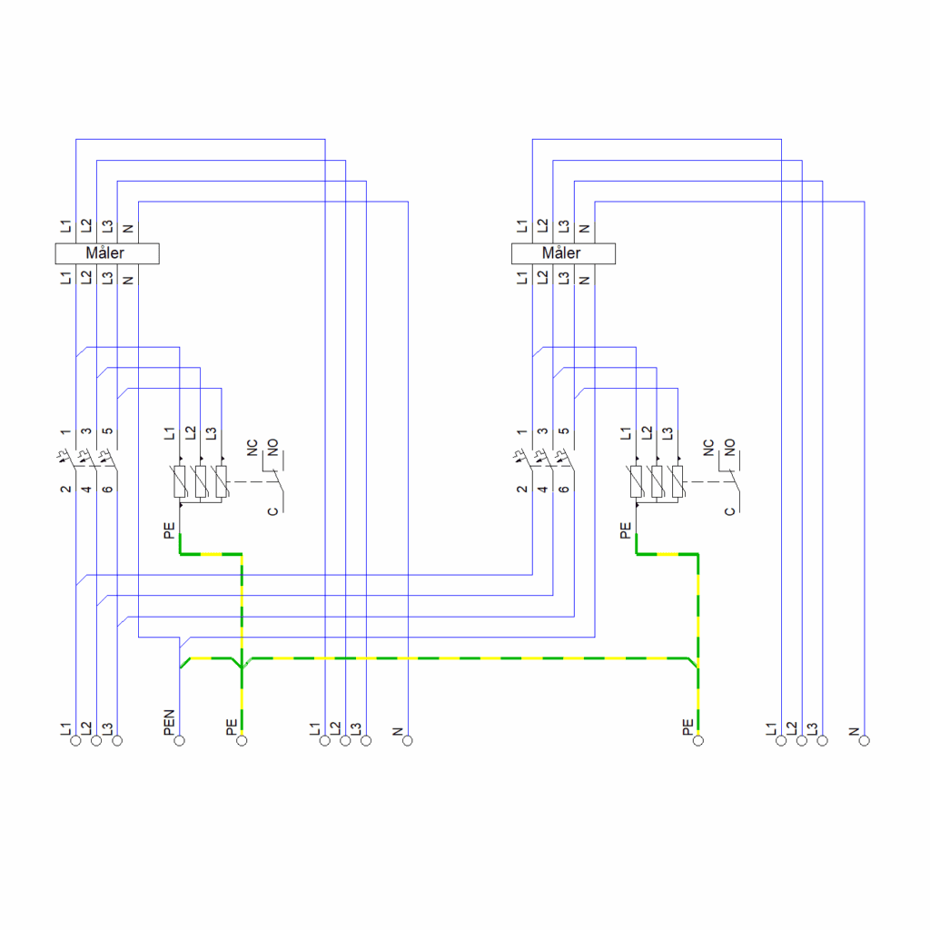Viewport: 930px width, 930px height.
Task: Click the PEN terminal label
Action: (x=169, y=722)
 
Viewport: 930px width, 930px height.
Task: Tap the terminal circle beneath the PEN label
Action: (x=179, y=740)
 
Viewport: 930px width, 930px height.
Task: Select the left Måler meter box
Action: (x=107, y=253)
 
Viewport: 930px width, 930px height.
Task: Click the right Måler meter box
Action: (x=563, y=253)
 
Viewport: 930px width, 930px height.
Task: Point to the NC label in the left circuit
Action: (x=252, y=448)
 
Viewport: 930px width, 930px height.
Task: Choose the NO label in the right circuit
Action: (x=729, y=447)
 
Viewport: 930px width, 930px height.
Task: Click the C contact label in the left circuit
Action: (x=272, y=511)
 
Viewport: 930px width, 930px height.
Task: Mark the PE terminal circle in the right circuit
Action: (x=698, y=740)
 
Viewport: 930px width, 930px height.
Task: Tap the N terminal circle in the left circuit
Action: (x=408, y=740)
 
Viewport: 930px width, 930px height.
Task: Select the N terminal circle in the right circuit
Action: (x=865, y=740)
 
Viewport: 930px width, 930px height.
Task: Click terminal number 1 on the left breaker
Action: (x=65, y=431)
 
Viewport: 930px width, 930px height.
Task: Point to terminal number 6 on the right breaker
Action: (x=563, y=489)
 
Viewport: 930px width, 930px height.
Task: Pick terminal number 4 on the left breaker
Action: (x=86, y=489)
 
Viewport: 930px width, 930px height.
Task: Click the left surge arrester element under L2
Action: (x=201, y=481)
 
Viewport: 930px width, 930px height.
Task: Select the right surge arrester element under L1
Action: (x=636, y=481)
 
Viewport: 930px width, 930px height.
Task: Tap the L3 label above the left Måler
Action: (x=107, y=226)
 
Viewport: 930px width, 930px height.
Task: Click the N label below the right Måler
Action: (x=584, y=280)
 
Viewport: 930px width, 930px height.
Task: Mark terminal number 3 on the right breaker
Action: (x=543, y=431)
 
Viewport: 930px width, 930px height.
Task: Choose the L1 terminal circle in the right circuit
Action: (x=781, y=740)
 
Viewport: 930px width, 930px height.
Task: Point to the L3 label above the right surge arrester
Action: (x=668, y=433)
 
